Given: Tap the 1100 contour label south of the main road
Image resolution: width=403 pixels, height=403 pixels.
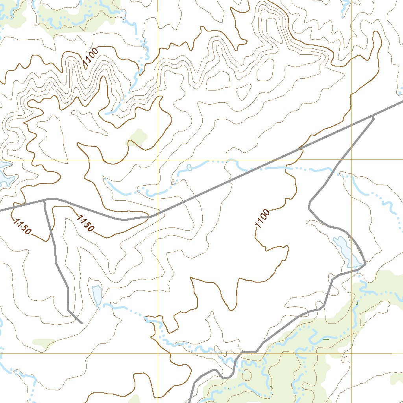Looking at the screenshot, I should tap(263, 219).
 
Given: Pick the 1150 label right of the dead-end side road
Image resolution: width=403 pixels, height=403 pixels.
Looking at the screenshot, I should tap(86, 223).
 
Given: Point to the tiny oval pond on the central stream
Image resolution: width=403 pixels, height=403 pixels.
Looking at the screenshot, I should tap(189, 168).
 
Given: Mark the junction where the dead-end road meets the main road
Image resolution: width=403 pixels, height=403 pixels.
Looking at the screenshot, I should tap(44, 200).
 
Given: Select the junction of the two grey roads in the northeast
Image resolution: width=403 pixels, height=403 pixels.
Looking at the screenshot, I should tap(373, 116).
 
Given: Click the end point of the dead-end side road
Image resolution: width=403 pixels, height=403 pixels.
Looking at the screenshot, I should tap(81, 324).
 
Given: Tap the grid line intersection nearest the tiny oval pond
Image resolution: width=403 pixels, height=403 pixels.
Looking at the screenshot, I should tap(158, 160).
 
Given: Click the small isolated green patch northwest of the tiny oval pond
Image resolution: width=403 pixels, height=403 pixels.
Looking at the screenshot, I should tap(137, 137).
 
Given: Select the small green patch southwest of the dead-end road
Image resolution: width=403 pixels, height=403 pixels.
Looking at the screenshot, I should tap(44, 343).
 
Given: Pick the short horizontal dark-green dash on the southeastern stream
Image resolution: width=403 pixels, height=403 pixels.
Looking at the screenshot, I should tap(326, 338).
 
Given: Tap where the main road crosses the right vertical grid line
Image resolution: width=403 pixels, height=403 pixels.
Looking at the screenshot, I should tap(351, 126).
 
